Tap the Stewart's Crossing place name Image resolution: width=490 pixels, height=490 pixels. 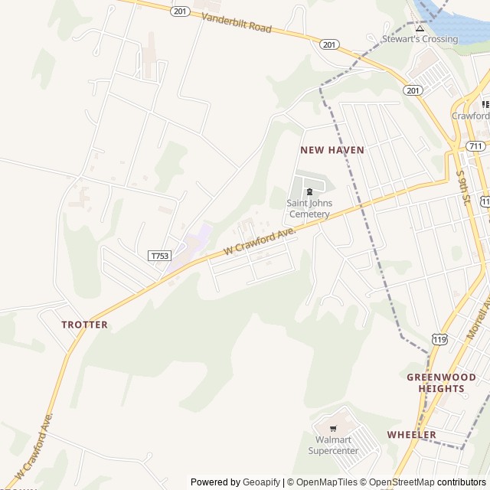tap(420, 38)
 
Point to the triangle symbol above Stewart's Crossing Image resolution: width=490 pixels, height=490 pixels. tap(420, 28)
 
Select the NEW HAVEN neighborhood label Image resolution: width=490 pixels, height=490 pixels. tap(332, 150)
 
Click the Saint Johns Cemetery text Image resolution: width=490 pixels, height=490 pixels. tap(309, 208)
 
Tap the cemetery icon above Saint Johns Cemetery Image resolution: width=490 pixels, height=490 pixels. tap(309, 191)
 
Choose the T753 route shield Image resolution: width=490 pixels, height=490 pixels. tap(159, 256)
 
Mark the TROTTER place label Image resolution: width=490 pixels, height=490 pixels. tap(84, 325)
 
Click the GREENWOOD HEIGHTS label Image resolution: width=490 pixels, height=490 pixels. tap(436, 383)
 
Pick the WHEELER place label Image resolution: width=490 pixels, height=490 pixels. tap(411, 435)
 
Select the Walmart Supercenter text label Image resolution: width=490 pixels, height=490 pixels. tap(333, 445)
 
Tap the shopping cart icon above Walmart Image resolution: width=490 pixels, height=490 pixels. tap(333, 428)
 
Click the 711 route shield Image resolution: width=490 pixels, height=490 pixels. tap(476, 145)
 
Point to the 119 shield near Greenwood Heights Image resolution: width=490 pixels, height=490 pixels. tap(439, 339)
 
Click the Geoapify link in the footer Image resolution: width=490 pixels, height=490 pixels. tap(261, 482)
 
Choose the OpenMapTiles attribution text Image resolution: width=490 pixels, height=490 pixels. tap(326, 482)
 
